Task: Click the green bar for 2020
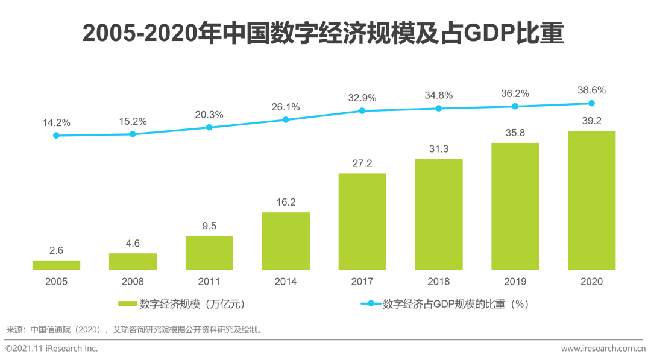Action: [x=591, y=200]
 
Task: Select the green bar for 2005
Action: [x=56, y=265]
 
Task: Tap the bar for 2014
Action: [x=286, y=241]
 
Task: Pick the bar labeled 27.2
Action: [x=362, y=221]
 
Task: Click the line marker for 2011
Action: [x=209, y=127]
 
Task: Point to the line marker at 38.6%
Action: [x=591, y=103]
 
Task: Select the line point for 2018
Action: [x=439, y=109]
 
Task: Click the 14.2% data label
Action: [x=56, y=122]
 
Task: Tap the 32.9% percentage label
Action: [x=362, y=98]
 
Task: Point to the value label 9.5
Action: [x=209, y=226]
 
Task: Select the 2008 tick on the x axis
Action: [x=133, y=281]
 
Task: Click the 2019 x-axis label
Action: [x=515, y=281]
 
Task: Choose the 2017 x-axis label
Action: [x=362, y=281]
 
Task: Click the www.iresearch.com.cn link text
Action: [x=603, y=349]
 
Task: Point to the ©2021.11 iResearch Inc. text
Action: [x=52, y=349]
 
